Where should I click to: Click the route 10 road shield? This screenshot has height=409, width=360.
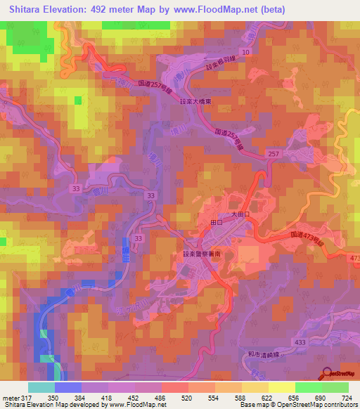pyautogui.click(x=245, y=53)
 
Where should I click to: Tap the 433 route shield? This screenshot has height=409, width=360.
pyautogui.click(x=300, y=341)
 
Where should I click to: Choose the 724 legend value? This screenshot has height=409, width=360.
pyautogui.click(x=345, y=398)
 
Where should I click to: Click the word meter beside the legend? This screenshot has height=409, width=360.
pyautogui.click(x=11, y=398)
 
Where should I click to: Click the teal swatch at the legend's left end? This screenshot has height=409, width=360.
pyautogui.click(x=41, y=387)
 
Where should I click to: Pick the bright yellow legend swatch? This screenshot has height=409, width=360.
pyautogui.click(x=281, y=387)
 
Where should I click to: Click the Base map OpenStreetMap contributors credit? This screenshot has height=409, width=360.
pyautogui.click(x=297, y=405)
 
